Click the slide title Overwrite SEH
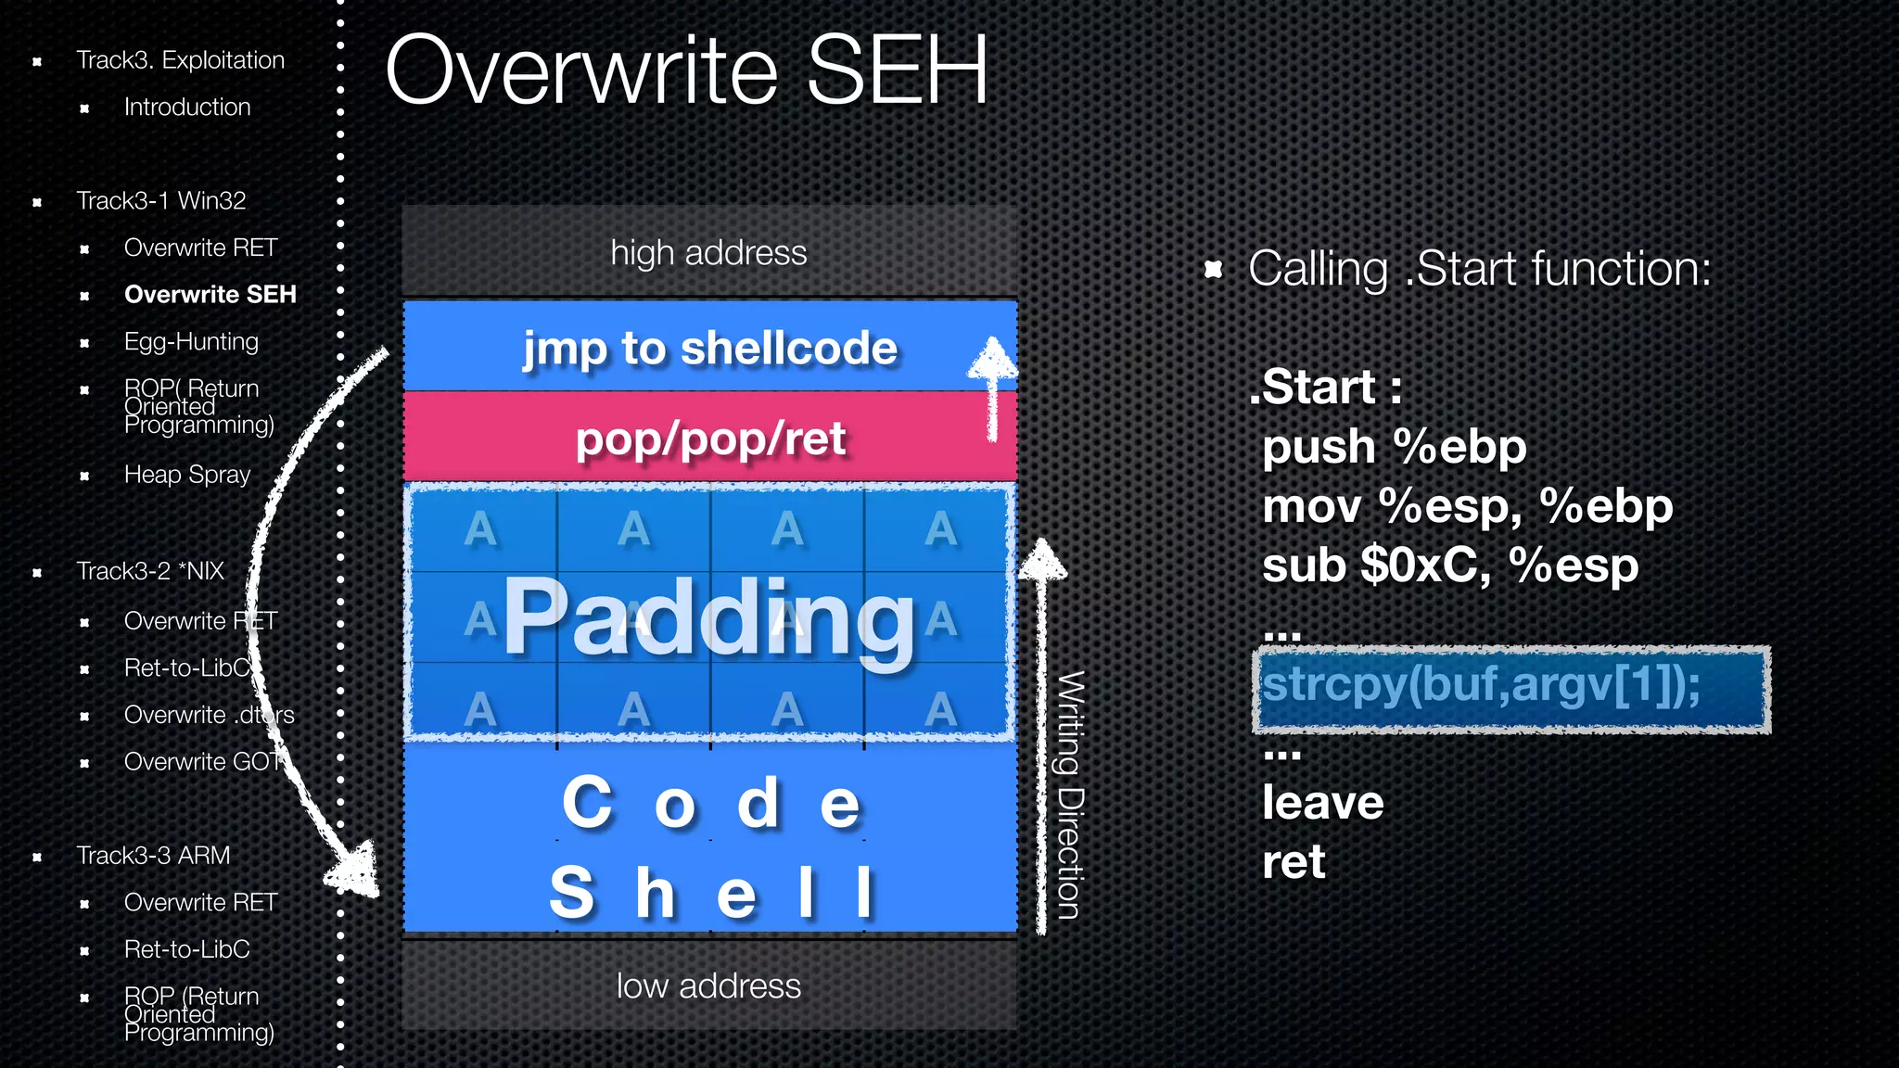pos(686,70)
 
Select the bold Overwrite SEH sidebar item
pos(210,295)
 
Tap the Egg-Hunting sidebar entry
pos(191,342)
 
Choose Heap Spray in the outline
pos(187,475)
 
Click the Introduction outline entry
pos(187,108)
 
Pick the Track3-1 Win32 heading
pos(161,201)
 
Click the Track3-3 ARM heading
pos(153,856)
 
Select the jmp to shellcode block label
pos(710,349)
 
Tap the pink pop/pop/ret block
pos(710,439)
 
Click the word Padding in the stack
pos(710,617)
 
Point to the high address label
pos(708,253)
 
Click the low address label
pos(708,986)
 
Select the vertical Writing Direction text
pos(1070,795)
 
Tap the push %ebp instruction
pos(1394,448)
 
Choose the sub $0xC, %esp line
pos(1450,566)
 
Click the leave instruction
pos(1322,803)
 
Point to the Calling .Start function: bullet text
pos(1479,270)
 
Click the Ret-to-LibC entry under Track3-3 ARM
pos(187,950)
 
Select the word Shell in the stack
pos(710,893)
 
